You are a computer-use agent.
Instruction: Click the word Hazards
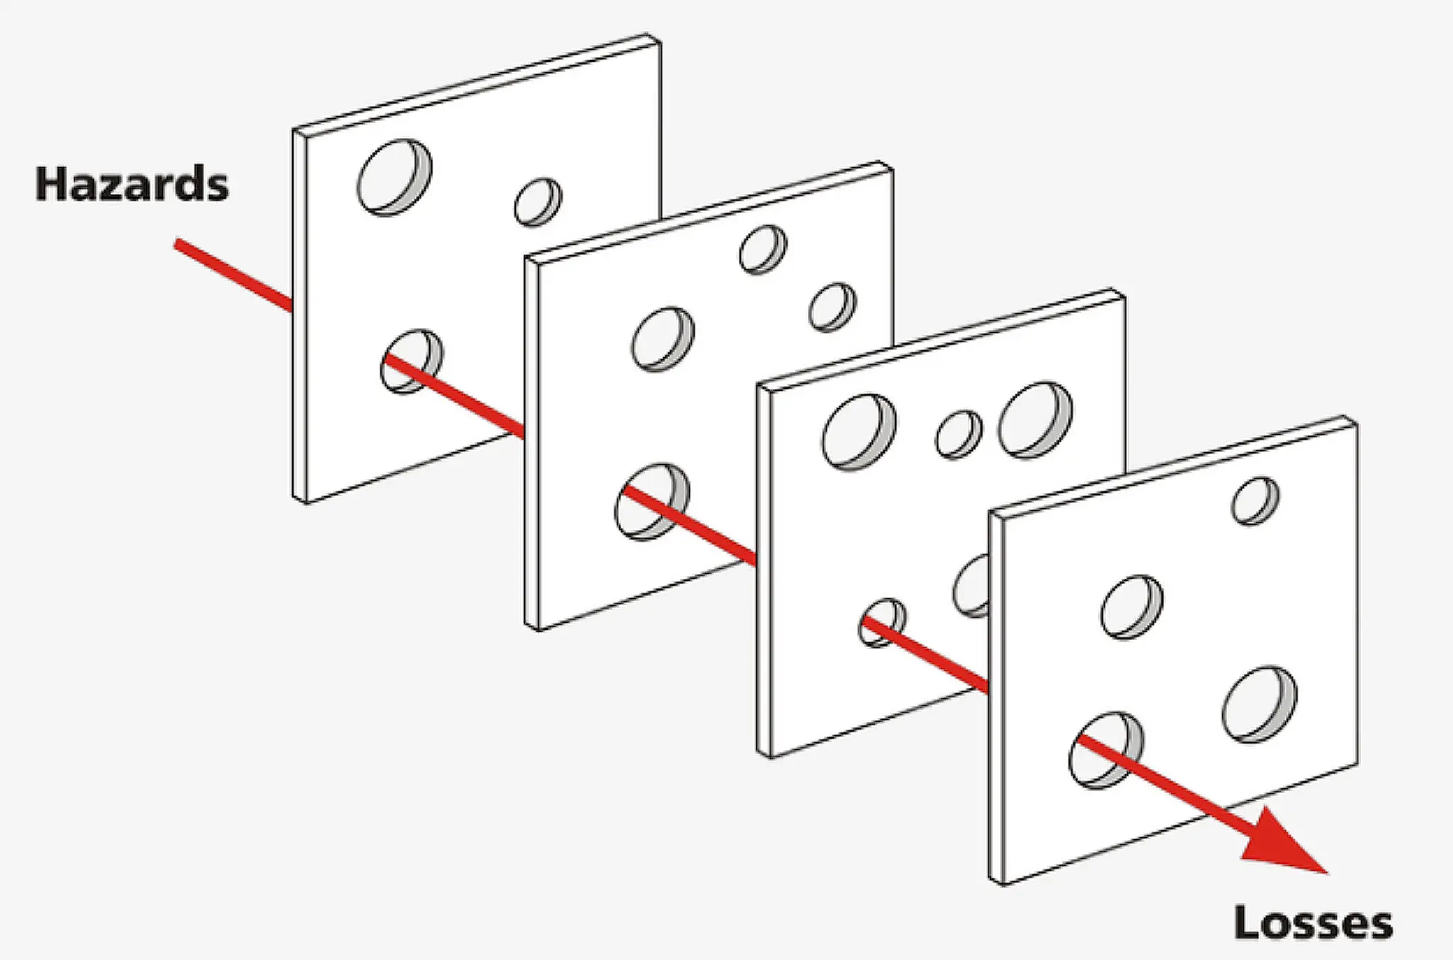132,184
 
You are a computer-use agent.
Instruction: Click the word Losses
1313,922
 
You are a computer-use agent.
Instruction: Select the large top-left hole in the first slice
395,177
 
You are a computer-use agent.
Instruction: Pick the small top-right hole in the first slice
538,202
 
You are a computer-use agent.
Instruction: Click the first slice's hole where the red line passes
411,361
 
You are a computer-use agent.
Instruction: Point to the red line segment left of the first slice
233,275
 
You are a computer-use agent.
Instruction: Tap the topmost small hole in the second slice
763,250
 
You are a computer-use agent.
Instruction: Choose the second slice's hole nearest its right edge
832,308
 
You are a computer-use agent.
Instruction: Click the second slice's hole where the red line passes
652,502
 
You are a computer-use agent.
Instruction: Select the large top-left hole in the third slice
859,432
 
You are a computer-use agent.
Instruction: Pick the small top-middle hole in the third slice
959,434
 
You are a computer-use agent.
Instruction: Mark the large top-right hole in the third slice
1036,420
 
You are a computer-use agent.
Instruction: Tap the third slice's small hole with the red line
883,623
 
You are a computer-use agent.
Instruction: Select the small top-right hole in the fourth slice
1256,501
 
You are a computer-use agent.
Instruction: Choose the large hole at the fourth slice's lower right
1259,704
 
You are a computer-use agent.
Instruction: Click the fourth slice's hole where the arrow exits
1106,750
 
